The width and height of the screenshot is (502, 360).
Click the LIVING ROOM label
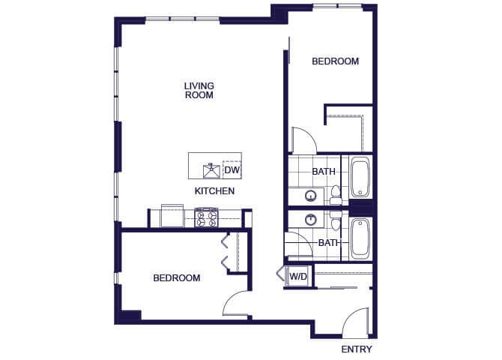click(199, 90)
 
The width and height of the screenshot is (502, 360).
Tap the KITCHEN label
click(215, 191)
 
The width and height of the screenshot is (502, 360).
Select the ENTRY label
click(356, 349)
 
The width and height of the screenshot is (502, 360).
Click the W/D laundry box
click(298, 277)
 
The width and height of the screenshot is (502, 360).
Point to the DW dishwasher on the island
click(232, 170)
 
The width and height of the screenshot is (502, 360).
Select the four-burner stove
click(206, 218)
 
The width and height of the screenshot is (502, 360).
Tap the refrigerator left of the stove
click(172, 216)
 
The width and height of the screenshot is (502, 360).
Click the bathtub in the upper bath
click(360, 178)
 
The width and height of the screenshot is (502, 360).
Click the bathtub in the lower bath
click(360, 238)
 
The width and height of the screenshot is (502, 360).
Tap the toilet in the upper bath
click(335, 194)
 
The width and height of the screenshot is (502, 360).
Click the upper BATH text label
click(324, 172)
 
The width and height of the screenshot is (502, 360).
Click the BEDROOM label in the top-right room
click(335, 61)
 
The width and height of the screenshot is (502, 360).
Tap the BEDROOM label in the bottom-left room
click(177, 278)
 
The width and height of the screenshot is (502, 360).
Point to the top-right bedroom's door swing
click(302, 139)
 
